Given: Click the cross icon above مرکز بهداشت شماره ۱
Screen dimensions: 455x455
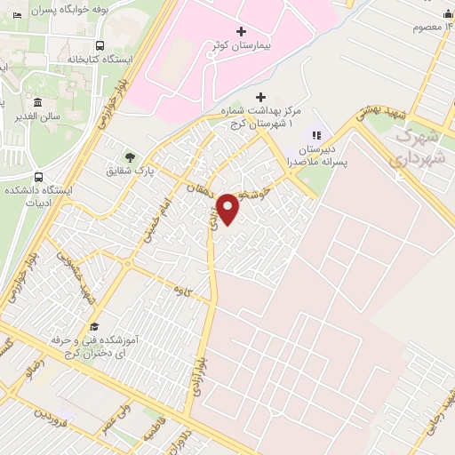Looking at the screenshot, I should coord(260,97).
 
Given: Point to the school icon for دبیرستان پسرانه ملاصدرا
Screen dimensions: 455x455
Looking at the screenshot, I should coord(315,135).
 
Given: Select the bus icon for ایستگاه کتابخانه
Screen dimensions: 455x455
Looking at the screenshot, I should coord(100,45).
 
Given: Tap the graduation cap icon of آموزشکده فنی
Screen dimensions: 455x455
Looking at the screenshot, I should coord(95,327).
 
